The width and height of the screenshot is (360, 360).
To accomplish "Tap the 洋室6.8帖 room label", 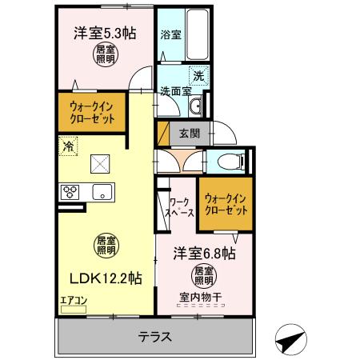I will point(204,254).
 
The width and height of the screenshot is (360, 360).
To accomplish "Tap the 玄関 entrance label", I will point(189,133).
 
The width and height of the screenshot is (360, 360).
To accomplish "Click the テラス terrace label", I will point(155,336).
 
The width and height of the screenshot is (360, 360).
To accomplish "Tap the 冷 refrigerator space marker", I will point(67,147).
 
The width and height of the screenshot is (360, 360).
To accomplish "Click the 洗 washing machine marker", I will point(197,77).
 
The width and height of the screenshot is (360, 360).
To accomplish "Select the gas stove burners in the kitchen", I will point(70,192).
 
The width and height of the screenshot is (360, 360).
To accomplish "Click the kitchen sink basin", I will point(102,192).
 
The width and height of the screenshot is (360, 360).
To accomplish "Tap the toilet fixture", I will point(233,161).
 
